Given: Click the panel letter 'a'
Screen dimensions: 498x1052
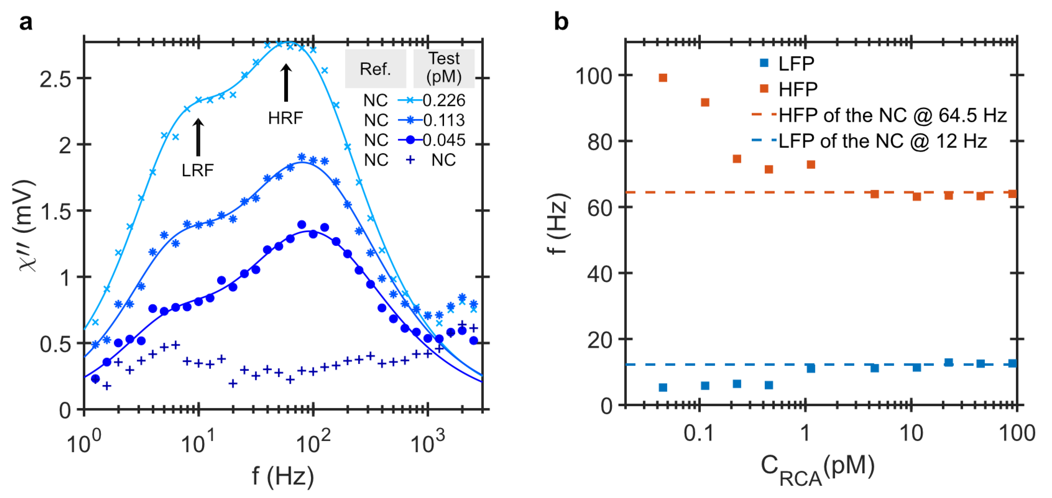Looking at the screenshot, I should (25, 22).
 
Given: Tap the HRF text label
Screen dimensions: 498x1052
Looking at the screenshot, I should (285, 118).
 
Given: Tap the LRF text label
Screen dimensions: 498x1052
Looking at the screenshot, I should (198, 170).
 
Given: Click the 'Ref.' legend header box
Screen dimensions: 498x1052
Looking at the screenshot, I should (375, 69).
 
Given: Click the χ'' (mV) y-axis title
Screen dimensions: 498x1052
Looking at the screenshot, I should (27, 225).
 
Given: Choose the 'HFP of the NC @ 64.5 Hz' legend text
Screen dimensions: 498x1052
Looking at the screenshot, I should (892, 116).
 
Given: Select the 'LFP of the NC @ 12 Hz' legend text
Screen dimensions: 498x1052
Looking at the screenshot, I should (883, 141).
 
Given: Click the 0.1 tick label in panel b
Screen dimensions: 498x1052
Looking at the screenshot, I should (699, 433).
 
